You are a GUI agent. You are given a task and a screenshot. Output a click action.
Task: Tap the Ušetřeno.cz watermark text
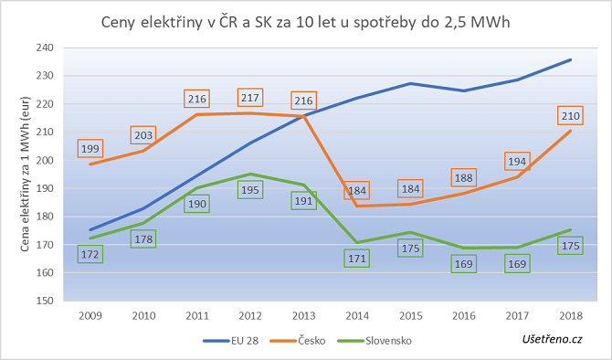553,339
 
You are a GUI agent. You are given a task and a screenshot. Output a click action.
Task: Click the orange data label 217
250,97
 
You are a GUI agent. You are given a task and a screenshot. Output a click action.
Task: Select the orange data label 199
91,148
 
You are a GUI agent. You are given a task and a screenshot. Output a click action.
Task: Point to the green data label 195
250,189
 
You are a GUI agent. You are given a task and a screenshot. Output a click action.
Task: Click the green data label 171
356,259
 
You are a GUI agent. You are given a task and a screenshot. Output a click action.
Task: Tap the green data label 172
91,253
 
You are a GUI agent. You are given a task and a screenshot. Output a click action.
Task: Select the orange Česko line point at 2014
356,206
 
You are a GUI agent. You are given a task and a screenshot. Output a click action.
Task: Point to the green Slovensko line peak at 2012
250,174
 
